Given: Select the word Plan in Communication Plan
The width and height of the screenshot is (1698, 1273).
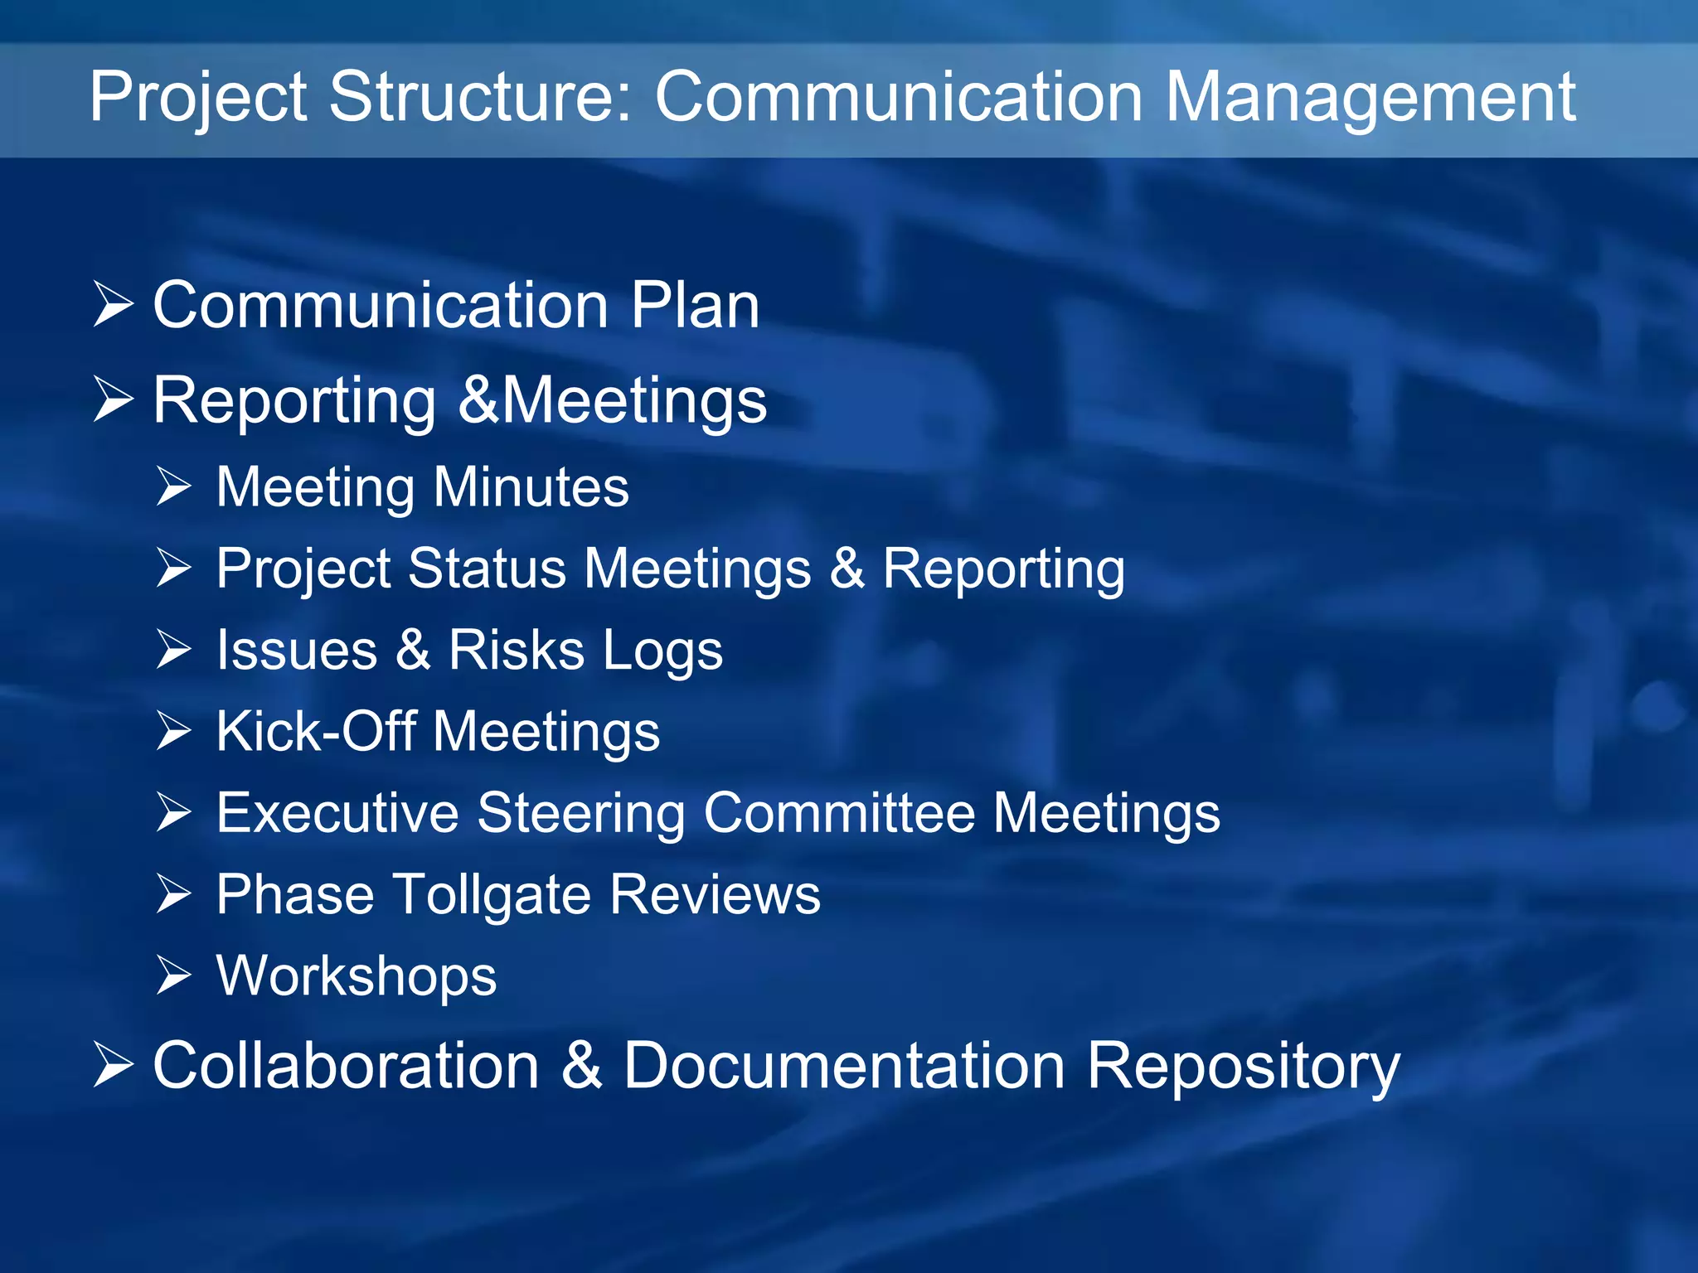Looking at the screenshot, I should point(695,306).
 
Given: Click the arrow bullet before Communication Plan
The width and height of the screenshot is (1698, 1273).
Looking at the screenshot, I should point(113,304).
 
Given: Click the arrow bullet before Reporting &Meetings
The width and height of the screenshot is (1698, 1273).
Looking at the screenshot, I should point(113,399).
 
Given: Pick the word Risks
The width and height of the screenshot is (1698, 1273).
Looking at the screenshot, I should point(516,650).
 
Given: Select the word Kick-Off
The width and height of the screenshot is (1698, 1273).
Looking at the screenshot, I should point(316,731).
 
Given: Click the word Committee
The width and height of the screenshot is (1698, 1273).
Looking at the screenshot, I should point(839,812).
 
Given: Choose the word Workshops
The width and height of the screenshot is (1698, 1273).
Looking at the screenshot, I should point(357,976).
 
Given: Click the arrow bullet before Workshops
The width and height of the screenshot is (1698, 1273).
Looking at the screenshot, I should point(174,975).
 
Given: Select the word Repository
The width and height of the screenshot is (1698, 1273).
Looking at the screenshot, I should point(1243,1067).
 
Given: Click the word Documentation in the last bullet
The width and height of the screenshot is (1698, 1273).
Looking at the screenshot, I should point(844,1066).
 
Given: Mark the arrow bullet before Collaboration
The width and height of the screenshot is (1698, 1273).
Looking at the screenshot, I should point(113,1064).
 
